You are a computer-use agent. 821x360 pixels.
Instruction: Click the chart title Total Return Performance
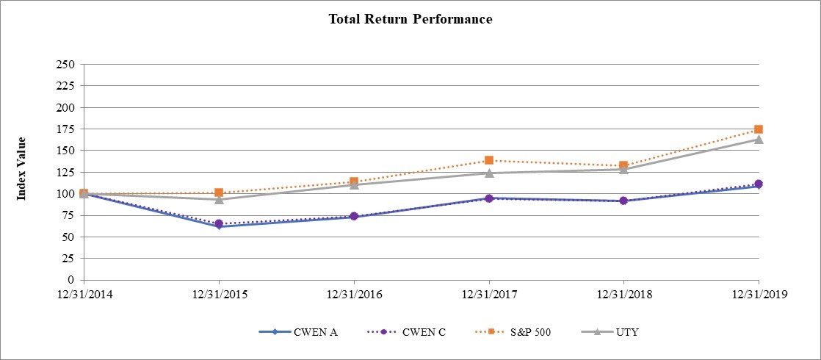pyautogui.click(x=410, y=19)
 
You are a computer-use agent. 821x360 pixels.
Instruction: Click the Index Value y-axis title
pyautogui.click(x=22, y=168)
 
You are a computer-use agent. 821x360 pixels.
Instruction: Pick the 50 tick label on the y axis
pyautogui.click(x=68, y=237)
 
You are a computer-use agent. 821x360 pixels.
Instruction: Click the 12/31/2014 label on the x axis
pyautogui.click(x=84, y=295)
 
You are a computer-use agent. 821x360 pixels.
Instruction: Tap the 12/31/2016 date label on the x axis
pyautogui.click(x=354, y=295)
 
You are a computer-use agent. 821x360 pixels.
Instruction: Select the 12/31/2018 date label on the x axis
pyautogui.click(x=623, y=295)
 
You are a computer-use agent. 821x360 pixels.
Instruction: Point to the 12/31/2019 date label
pyautogui.click(x=759, y=295)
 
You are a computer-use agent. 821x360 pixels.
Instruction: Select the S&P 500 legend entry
pyautogui.click(x=528, y=332)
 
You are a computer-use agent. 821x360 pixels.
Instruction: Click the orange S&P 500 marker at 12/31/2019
pyautogui.click(x=759, y=129)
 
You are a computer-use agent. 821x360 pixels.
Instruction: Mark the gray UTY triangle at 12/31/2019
pyautogui.click(x=759, y=139)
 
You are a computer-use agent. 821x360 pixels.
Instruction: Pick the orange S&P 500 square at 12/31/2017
pyautogui.click(x=489, y=160)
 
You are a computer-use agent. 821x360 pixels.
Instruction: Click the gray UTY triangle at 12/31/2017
pyautogui.click(x=489, y=173)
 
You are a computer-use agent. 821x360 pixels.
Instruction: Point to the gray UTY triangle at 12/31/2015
pyautogui.click(x=219, y=199)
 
